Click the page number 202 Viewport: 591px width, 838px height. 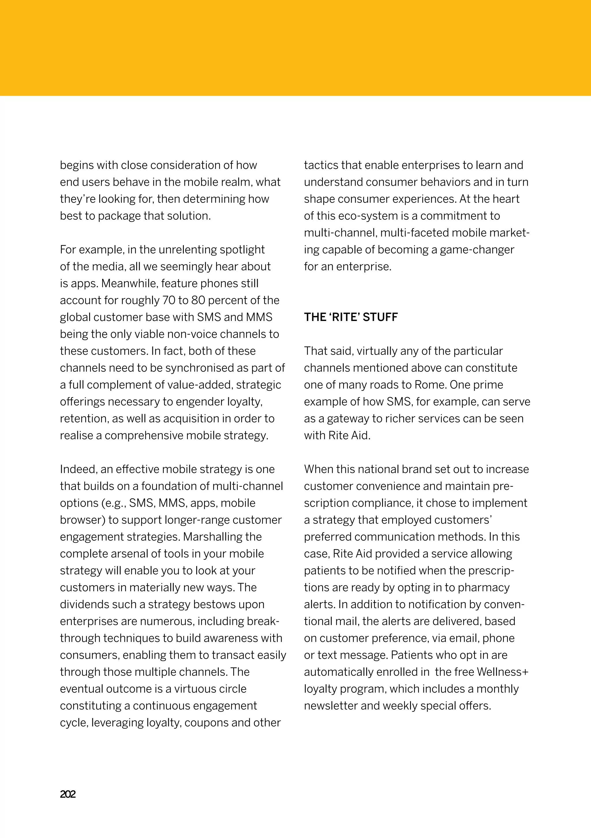point(68,794)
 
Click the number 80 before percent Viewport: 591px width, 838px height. point(198,300)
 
